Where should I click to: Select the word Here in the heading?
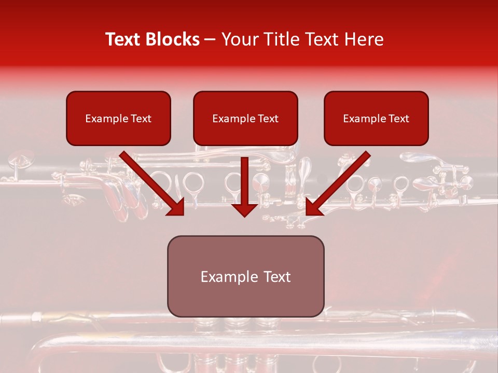[x=364, y=39]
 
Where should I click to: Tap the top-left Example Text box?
[x=118, y=118]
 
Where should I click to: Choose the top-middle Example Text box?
[x=245, y=118]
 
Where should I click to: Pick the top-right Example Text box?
[x=376, y=118]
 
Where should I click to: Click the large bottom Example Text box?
[x=245, y=276]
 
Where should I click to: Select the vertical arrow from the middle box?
[x=244, y=184]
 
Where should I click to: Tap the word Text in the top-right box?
[x=398, y=119]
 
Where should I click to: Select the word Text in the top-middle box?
[x=268, y=119]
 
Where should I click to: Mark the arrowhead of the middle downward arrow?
[x=244, y=209]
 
